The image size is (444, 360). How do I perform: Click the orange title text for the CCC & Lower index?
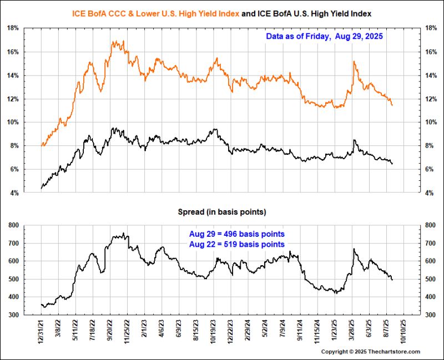(156, 13)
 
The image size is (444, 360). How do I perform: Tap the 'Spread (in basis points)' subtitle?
(221, 212)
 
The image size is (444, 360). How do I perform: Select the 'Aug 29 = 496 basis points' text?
(237, 234)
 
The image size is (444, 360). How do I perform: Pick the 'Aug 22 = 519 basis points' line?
(237, 244)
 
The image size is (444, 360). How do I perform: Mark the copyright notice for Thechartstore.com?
(371, 352)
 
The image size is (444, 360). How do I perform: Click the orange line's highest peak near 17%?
(114, 41)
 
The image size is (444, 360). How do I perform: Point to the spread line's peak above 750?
(123, 234)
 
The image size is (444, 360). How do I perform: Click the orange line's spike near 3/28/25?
(354, 62)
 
